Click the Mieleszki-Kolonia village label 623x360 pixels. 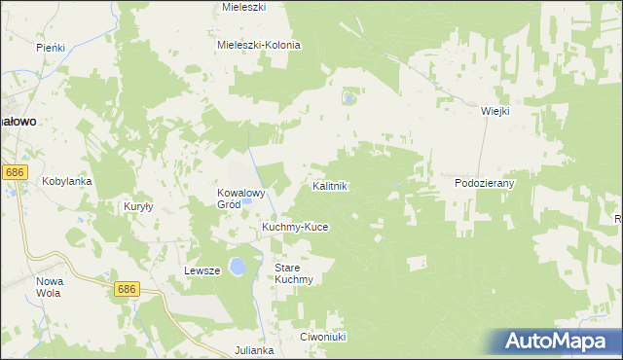(259, 45)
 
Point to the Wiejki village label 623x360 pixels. (495, 111)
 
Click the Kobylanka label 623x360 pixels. (66, 181)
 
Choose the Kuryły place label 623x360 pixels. (138, 206)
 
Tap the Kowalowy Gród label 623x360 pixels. (241, 198)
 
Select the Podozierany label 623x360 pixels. (484, 183)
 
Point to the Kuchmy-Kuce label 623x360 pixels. (295, 227)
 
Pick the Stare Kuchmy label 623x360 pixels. (293, 273)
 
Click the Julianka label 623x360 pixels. (254, 349)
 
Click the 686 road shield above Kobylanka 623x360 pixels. (14, 172)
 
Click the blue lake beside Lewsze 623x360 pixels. (237, 267)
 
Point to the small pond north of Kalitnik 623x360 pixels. (348, 98)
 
